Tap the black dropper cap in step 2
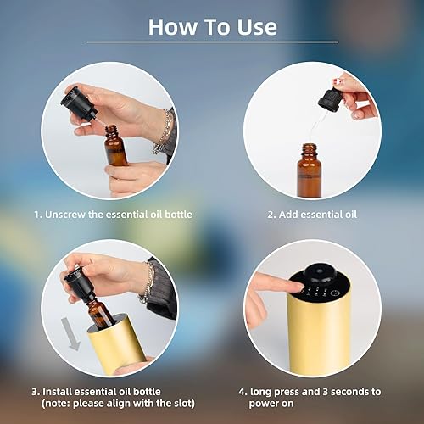point(329,101)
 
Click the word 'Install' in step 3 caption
point(60,392)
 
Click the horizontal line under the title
point(212,42)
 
